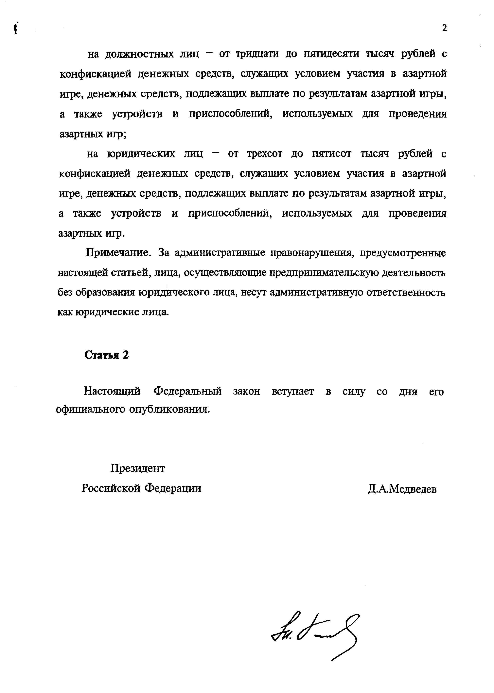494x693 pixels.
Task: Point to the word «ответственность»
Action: (x=406, y=293)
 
